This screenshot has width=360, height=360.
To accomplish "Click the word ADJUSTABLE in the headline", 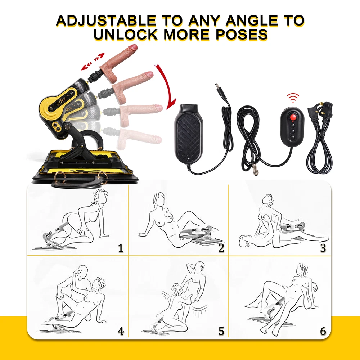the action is click(106, 21).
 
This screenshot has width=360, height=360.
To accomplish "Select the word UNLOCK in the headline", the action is click(125, 35).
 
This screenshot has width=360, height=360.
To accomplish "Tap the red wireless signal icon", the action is click(293, 98).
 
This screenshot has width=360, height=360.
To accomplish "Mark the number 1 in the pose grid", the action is click(121, 248).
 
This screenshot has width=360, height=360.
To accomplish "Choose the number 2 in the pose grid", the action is click(221, 248).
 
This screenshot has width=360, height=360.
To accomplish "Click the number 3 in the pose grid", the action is click(323, 248).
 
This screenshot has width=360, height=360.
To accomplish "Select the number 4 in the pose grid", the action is click(121, 331).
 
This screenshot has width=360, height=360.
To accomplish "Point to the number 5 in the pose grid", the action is click(221, 331).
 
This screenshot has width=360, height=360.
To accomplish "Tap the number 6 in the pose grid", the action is click(323, 331).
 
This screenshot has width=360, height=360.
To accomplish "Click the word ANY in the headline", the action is click(204, 21).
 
